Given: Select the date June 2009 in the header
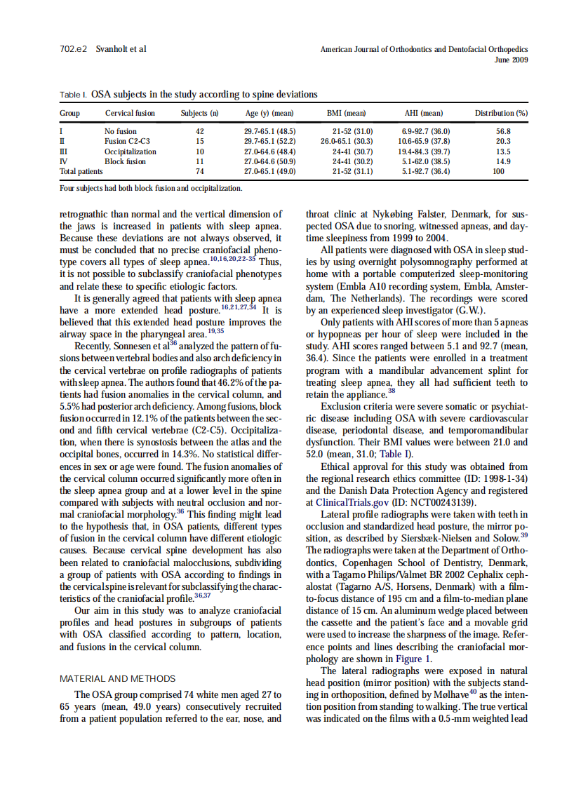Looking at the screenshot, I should (511, 60).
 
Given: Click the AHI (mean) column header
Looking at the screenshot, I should (424, 113).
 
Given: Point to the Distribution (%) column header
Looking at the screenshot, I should (501, 113).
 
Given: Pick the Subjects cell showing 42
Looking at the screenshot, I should (199, 131).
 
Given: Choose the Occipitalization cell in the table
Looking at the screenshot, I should (131, 152).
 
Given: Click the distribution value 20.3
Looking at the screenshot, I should (502, 141).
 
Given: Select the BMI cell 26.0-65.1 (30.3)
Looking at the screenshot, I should (347, 141).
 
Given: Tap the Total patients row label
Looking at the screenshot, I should (81, 171).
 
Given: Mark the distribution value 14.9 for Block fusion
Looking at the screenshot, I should (503, 161).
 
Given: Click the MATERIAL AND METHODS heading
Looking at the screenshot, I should (117, 678).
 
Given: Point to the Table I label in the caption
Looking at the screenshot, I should (73, 94).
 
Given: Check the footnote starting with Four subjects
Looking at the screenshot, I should (151, 188).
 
